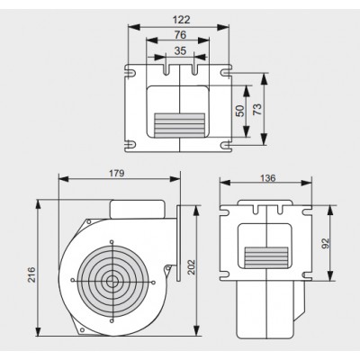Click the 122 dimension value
pos(182,20)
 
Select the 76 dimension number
pos(180,35)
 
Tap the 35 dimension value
pos(180,50)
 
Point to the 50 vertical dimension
pos(239,111)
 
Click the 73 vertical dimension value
pos(257,109)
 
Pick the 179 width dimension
pos(116,174)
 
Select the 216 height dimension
pos(31,274)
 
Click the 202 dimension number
pos(191,267)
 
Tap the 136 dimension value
pos(267,178)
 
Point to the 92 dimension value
pos(326,243)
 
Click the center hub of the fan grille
pos(112,281)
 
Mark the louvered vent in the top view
pos(179,125)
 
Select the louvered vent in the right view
pos(266,257)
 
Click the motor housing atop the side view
pos(138,209)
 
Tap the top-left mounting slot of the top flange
pos(130,73)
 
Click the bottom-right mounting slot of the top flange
pos(226,145)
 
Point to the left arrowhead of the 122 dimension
pos(134,27)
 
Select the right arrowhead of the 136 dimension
pos(307,183)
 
